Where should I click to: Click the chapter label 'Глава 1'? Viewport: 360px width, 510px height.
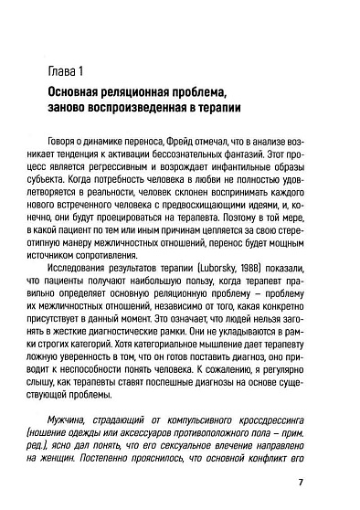point(62,71)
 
